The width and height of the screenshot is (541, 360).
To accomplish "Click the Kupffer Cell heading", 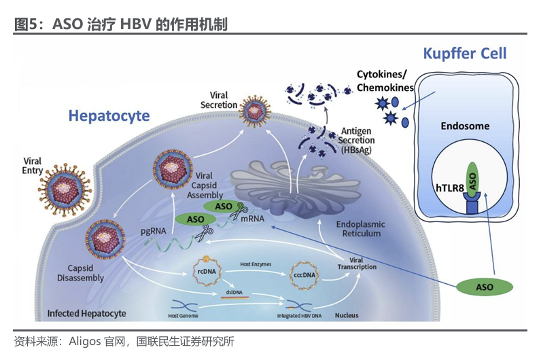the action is tap(465, 54).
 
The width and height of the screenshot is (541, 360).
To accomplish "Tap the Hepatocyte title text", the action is tap(109, 116).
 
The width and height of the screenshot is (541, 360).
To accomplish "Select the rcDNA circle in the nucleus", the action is tap(207, 271).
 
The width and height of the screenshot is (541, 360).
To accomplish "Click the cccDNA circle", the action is tap(304, 275).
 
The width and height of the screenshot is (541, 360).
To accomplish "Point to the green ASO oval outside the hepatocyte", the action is tap(485, 287).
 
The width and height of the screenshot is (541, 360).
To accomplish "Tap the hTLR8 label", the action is tap(450, 188).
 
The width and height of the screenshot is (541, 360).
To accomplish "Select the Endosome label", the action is tap(465, 126).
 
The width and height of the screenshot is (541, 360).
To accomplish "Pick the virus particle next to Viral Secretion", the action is tap(255, 111).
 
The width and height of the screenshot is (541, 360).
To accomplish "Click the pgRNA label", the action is tap(153, 231).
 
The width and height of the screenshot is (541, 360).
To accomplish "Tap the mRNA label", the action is tap(252, 219).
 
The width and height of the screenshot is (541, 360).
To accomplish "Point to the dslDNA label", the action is tap(234, 292).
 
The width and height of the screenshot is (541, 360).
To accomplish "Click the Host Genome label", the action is tap(183, 316).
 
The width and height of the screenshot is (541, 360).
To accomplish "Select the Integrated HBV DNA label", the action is tap(299, 316).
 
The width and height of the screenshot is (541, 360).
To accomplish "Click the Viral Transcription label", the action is tap(357, 264).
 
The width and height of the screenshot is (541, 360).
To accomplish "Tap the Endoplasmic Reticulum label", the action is tap(360, 229).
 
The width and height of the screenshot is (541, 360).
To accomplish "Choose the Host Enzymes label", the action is tap(256, 264).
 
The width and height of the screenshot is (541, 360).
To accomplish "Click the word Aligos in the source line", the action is tap(85, 342).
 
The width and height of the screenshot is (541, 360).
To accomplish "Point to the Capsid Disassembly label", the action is tap(80, 273).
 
